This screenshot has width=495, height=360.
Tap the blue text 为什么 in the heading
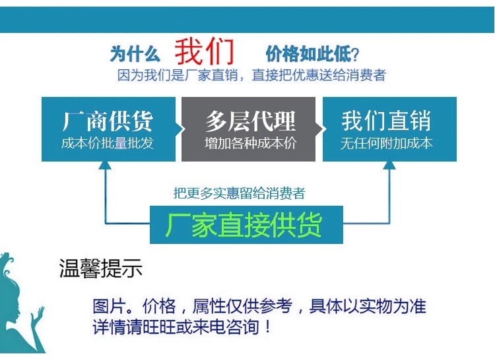(x=135, y=53)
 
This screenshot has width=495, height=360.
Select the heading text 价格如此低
(x=306, y=53)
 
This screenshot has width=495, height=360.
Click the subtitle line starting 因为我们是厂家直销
(x=251, y=75)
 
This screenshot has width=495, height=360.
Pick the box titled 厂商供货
(x=108, y=129)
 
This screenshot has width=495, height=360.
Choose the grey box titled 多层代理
(x=249, y=129)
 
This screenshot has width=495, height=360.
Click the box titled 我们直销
(x=389, y=129)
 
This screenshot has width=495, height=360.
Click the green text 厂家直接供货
(x=245, y=225)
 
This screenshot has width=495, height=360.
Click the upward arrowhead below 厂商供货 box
(x=106, y=167)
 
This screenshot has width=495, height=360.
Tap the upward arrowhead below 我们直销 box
(x=389, y=167)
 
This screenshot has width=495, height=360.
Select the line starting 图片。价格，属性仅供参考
(x=259, y=307)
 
